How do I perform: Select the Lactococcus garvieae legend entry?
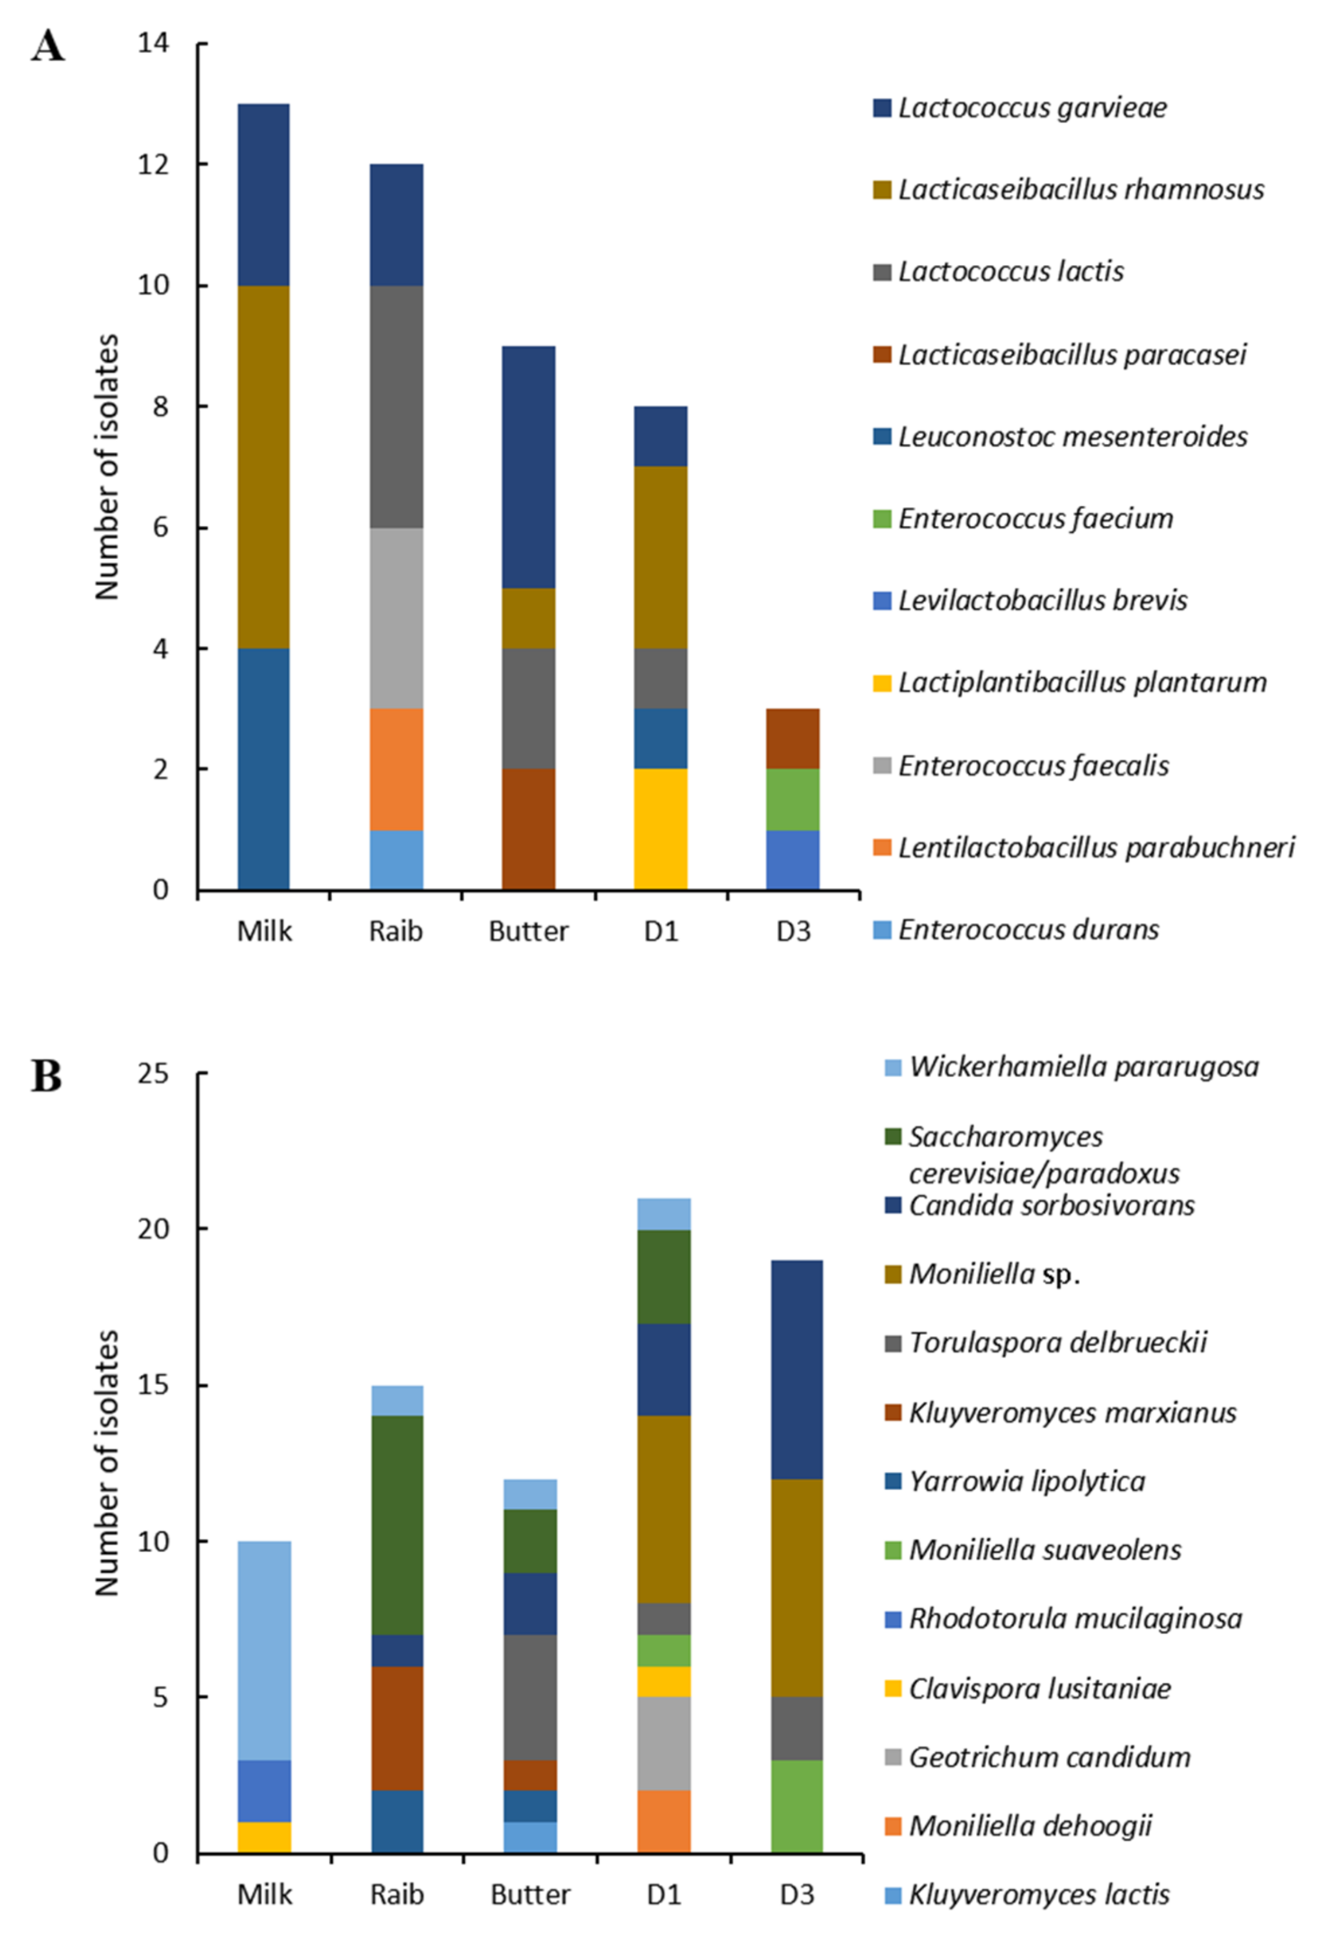[1031, 108]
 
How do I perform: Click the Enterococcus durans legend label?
[1027, 930]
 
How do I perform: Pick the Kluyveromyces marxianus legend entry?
[1072, 1412]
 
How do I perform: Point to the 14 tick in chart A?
[153, 43]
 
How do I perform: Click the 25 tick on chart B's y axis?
[153, 1073]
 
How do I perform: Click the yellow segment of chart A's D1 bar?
[660, 829]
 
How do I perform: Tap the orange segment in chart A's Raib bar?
[397, 769]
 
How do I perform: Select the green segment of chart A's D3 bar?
[793, 800]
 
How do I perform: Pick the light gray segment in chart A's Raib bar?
[397, 618]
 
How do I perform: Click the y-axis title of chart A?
[107, 467]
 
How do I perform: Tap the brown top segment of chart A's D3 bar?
[793, 739]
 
